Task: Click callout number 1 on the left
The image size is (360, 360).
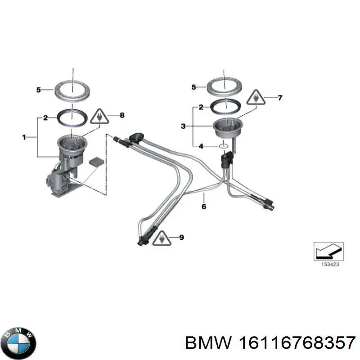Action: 24,137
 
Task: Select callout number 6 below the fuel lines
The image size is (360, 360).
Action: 203,207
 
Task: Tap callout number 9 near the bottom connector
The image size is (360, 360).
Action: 181,237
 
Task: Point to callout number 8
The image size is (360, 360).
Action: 121,116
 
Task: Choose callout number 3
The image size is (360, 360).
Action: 183,126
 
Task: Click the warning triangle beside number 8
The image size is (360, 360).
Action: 99,117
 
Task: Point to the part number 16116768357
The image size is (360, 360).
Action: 296,343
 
